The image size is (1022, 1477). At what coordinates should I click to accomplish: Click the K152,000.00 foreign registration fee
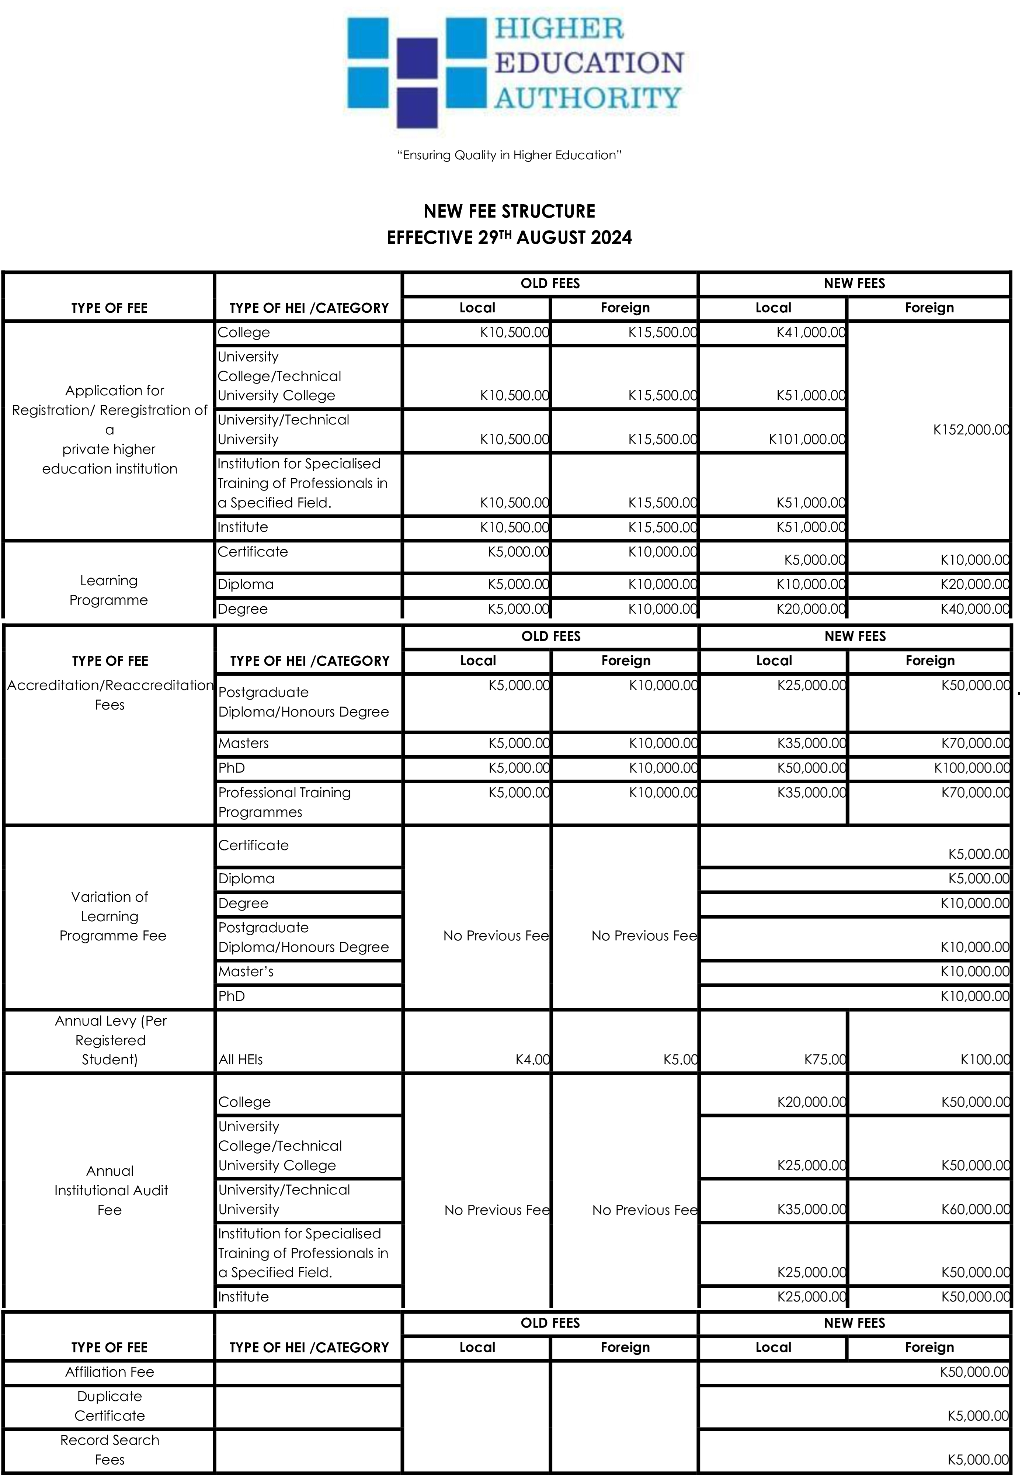point(971,430)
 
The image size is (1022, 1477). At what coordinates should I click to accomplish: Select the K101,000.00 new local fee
point(807,439)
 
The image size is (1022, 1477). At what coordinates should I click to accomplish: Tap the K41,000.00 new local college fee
point(811,332)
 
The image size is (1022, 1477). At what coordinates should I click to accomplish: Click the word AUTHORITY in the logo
point(587,98)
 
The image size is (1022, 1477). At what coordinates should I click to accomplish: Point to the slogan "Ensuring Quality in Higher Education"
point(510,155)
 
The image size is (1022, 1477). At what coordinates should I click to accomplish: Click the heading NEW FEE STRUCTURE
point(510,211)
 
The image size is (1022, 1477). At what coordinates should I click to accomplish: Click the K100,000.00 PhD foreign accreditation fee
point(971,768)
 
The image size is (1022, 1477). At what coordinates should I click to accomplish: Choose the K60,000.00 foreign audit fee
point(975,1209)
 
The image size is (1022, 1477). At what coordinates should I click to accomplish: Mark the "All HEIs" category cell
point(241,1060)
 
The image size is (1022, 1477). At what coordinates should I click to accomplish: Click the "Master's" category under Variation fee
point(246,972)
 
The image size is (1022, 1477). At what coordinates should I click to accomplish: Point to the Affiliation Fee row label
point(109,1372)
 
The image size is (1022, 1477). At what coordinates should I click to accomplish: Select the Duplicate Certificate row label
point(109,1406)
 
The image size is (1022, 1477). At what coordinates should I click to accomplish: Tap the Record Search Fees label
point(109,1449)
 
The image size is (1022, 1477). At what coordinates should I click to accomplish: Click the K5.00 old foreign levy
point(680,1060)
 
